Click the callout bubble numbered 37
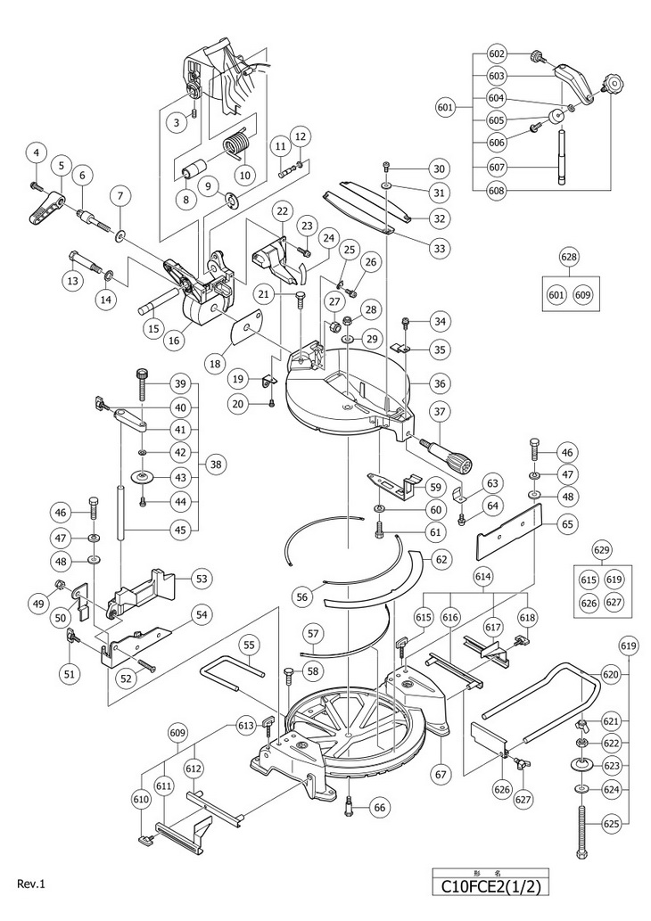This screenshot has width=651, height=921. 438,411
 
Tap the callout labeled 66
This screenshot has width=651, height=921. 381,807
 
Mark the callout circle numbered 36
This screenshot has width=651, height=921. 438,383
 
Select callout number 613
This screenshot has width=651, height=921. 246,727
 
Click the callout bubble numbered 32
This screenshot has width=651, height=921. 438,218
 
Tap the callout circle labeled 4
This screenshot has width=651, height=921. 36,152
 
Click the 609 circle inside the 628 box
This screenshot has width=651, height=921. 584,294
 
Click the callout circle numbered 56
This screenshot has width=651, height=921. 302,597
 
